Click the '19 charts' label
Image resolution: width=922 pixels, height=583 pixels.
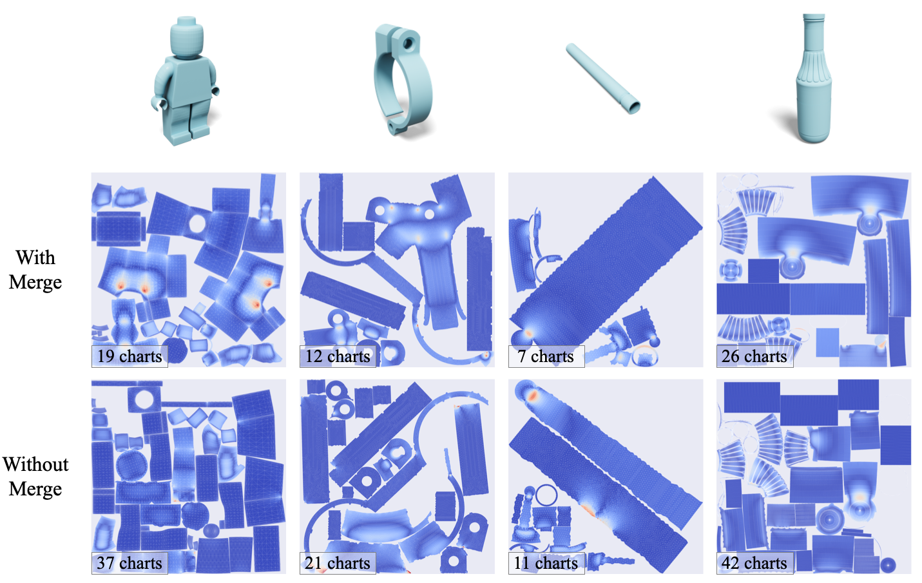(x=130, y=356)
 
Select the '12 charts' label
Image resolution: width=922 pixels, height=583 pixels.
(x=338, y=356)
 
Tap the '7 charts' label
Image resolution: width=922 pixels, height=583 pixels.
(x=546, y=356)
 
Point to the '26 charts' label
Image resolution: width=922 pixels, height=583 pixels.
(x=754, y=356)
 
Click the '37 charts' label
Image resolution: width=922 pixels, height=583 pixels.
(x=130, y=563)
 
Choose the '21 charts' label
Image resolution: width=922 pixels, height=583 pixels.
(x=338, y=563)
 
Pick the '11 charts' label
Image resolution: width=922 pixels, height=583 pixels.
(x=546, y=563)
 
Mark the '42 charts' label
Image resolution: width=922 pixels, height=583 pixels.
(x=754, y=563)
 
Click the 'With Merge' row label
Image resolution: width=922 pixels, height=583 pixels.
(x=35, y=270)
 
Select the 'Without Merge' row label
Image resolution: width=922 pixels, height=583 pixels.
(x=35, y=477)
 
